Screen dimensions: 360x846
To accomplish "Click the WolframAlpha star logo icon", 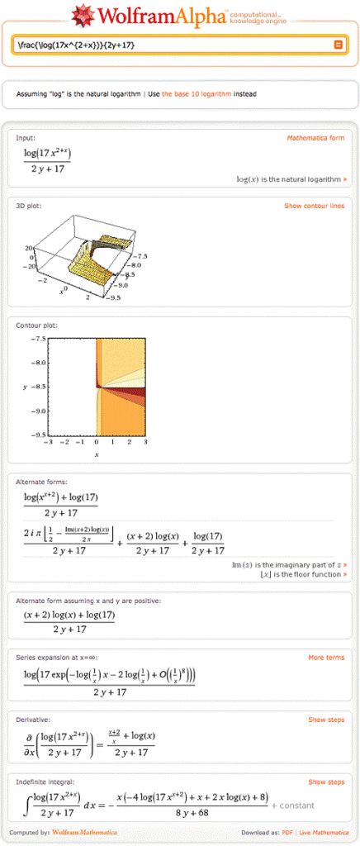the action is [83, 15].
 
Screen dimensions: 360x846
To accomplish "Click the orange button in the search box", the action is [338, 45].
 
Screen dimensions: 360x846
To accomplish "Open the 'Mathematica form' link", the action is [315, 138].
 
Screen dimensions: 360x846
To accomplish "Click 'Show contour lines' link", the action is [314, 206].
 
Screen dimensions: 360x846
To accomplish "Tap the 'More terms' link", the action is [326, 658].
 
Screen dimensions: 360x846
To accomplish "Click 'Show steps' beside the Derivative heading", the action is [326, 720].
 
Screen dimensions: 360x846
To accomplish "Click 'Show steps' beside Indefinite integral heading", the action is [326, 782].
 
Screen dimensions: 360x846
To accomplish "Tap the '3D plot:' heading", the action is [29, 206].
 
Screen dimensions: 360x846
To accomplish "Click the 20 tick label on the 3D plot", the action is [26, 247].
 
